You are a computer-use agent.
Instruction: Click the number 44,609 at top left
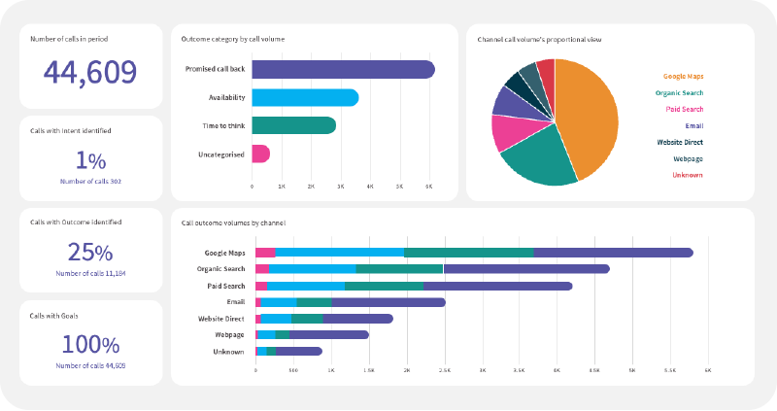pyautogui.click(x=90, y=72)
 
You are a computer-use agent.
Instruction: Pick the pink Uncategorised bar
pyautogui.click(x=260, y=154)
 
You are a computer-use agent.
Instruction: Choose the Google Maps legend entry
pyautogui.click(x=683, y=75)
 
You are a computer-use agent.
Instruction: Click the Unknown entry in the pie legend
pyautogui.click(x=687, y=175)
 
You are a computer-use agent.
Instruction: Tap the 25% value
pyautogui.click(x=90, y=253)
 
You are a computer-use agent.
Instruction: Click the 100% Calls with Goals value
pyautogui.click(x=90, y=344)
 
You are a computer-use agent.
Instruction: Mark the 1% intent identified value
pyautogui.click(x=90, y=160)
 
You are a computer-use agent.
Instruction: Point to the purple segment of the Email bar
pyautogui.click(x=388, y=302)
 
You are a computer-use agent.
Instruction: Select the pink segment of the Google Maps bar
pyautogui.click(x=265, y=253)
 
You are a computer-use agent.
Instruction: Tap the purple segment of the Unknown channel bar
pyautogui.click(x=298, y=351)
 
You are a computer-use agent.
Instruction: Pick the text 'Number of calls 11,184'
pyautogui.click(x=90, y=274)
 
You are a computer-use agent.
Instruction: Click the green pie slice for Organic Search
pyautogui.click(x=535, y=159)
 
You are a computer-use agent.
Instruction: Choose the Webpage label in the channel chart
pyautogui.click(x=229, y=334)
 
